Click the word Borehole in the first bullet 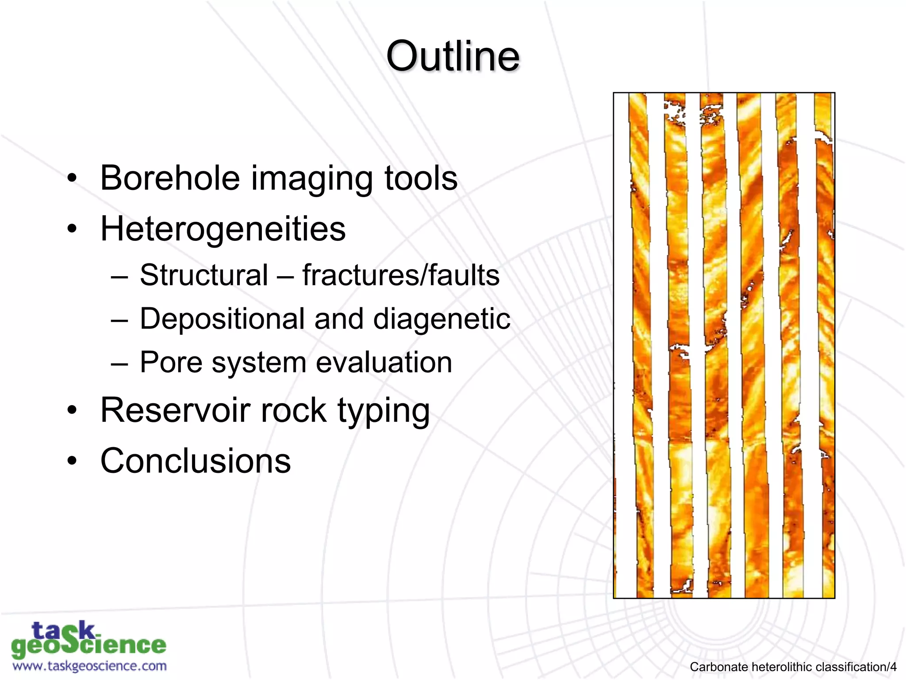[x=170, y=178]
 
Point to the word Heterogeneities [x=223, y=229]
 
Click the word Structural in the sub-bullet [x=204, y=275]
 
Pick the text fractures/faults [x=401, y=275]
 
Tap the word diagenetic [x=441, y=319]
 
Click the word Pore [x=171, y=362]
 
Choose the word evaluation [x=384, y=362]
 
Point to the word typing [x=384, y=411]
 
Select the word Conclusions [x=196, y=460]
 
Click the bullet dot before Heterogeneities [x=72, y=229]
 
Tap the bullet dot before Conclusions [x=72, y=461]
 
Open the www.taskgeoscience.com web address [x=89, y=666]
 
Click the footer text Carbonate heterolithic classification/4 [x=793, y=667]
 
